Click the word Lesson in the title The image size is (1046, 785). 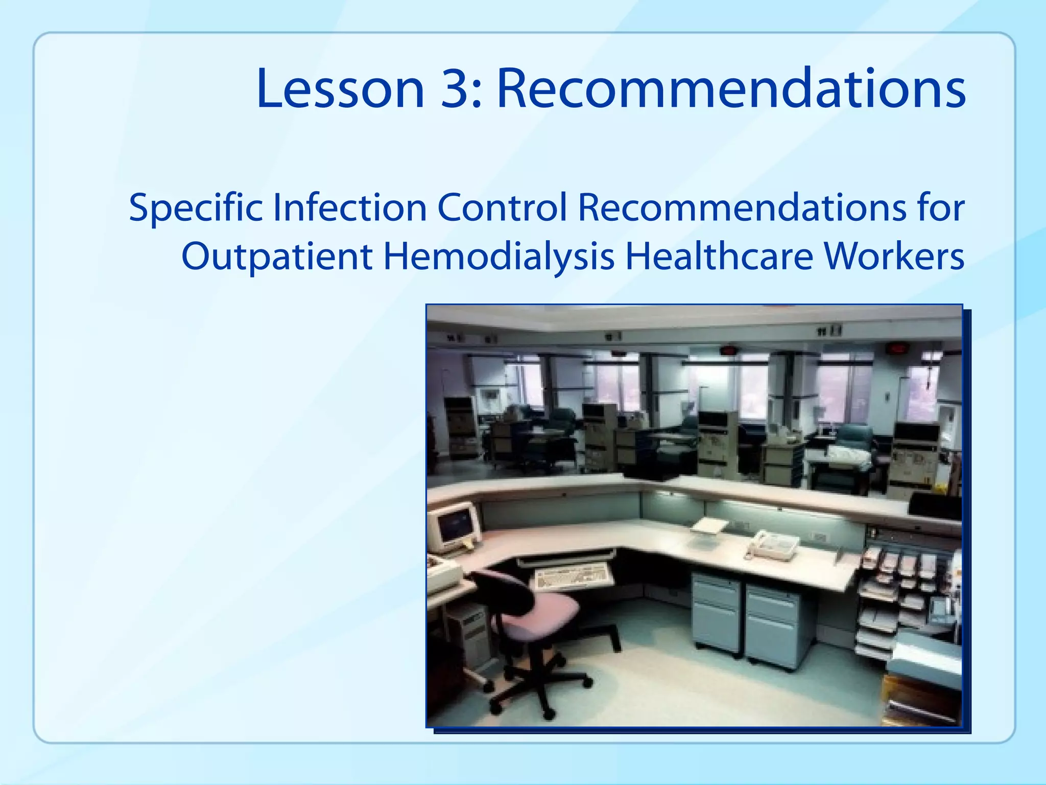pos(340,89)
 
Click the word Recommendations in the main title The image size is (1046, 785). pos(731,89)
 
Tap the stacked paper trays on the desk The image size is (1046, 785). pos(889,593)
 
